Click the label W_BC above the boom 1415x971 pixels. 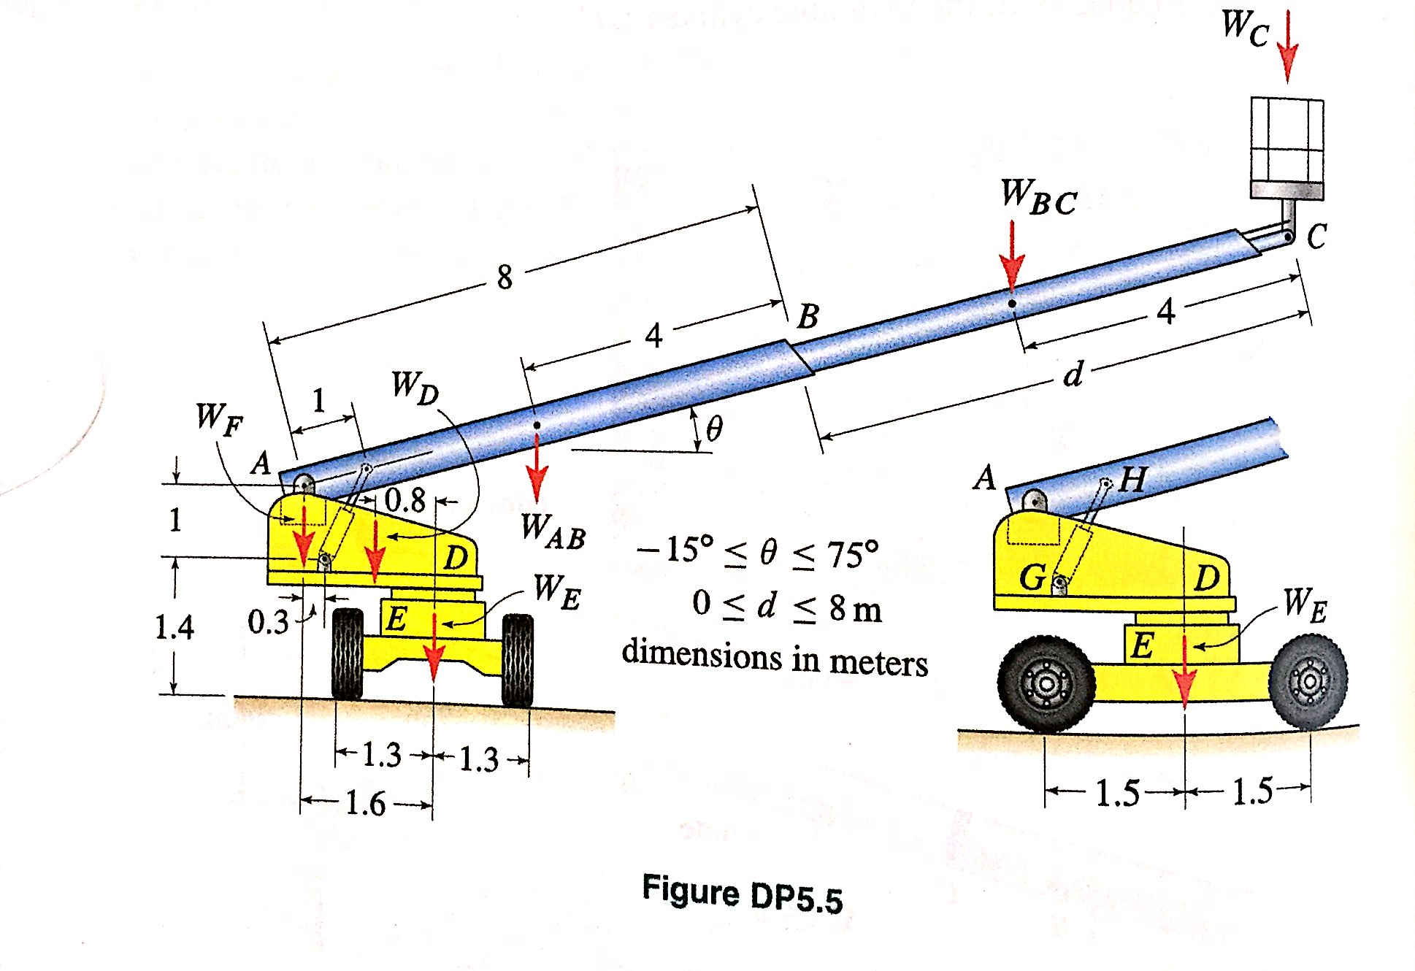click(x=1038, y=197)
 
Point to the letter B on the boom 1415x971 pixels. click(x=808, y=317)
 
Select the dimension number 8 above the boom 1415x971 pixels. click(x=505, y=277)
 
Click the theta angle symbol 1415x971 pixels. click(x=714, y=429)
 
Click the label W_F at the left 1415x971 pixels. click(x=218, y=420)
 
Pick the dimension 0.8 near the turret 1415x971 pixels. click(x=404, y=502)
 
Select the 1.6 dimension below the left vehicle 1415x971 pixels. click(x=365, y=804)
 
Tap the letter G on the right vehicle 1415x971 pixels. click(x=1032, y=578)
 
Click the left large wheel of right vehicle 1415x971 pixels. click(x=1046, y=684)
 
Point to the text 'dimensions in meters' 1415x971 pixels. click(x=774, y=658)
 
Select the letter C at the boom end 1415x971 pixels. click(x=1316, y=237)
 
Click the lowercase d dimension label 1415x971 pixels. click(x=1072, y=375)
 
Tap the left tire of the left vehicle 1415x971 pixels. click(x=348, y=654)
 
